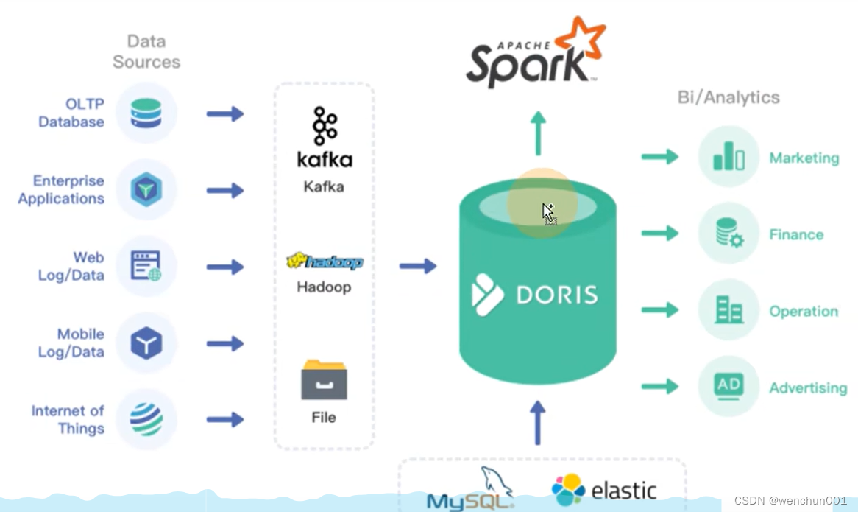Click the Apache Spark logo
click(x=535, y=53)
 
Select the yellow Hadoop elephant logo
click(x=325, y=262)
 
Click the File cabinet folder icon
click(x=324, y=379)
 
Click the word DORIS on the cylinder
click(x=556, y=295)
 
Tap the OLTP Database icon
click(x=146, y=113)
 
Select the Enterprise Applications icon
click(x=146, y=190)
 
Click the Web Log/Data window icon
click(x=146, y=266)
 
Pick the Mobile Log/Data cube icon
click(x=146, y=343)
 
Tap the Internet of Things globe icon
click(x=146, y=419)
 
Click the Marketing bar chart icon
click(x=728, y=156)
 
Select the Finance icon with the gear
click(x=728, y=234)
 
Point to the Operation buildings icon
click(x=728, y=310)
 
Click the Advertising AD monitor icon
click(x=728, y=386)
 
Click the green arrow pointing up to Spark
click(x=538, y=133)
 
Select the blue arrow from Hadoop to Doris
click(x=418, y=266)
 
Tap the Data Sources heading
click(x=146, y=52)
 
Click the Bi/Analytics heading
click(x=728, y=97)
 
